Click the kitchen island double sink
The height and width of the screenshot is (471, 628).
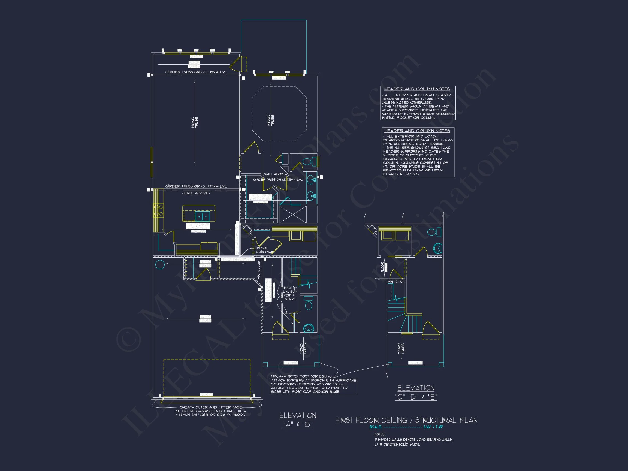point(203,217)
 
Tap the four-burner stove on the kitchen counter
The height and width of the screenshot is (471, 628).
point(158,210)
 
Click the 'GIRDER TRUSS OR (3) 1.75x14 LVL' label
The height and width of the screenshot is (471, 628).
point(196,186)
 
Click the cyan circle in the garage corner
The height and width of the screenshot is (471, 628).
point(160,265)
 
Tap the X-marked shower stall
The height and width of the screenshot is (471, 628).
point(293,215)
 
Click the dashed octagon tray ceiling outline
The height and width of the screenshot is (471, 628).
point(279,114)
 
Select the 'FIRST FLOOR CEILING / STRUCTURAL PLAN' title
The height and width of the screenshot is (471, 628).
point(406,421)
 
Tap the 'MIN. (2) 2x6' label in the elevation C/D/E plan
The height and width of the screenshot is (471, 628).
point(396,282)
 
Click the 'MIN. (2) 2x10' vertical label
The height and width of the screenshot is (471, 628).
point(259,270)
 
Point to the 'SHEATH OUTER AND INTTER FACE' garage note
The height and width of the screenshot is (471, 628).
point(211,407)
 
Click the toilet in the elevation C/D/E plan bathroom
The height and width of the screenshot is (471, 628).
point(437,248)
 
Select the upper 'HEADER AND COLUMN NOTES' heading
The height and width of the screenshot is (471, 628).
point(417,89)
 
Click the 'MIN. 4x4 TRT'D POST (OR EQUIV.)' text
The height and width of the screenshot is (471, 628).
point(301,376)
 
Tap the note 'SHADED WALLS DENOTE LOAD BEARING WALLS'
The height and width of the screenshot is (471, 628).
point(415,439)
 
